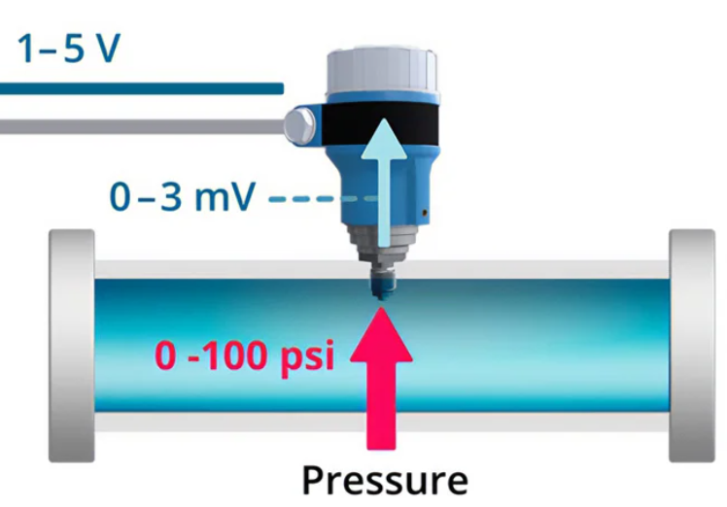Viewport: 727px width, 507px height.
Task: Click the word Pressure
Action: click(384, 480)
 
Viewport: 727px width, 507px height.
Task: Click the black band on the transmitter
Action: click(381, 123)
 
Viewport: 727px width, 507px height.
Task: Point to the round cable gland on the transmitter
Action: click(300, 125)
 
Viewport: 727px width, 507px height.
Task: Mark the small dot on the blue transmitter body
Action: click(425, 212)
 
